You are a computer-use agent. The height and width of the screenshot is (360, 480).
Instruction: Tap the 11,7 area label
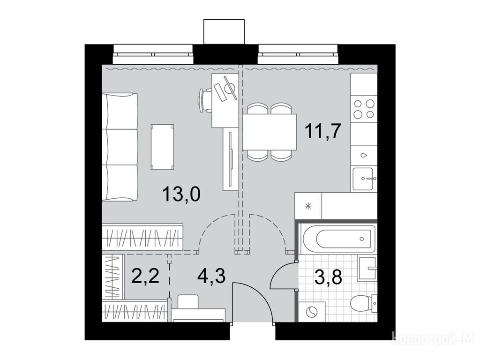(322, 131)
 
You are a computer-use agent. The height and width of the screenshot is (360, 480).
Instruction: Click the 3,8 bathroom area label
(328, 277)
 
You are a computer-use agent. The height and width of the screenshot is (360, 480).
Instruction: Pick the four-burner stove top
(364, 109)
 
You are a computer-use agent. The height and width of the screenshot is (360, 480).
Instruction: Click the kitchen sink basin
(363, 179)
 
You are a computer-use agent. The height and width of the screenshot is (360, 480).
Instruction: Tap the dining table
(270, 132)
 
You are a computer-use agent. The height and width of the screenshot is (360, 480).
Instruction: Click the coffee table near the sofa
(163, 147)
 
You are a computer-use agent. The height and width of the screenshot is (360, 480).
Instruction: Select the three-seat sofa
(120, 147)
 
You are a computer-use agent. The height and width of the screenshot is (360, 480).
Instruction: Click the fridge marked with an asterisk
(308, 206)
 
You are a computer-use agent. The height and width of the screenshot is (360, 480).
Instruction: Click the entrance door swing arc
(261, 294)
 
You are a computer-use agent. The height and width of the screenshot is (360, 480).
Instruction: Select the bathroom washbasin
(367, 268)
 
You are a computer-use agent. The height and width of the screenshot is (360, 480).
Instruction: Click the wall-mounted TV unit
(231, 159)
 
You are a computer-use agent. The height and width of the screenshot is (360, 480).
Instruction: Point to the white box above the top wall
(224, 32)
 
